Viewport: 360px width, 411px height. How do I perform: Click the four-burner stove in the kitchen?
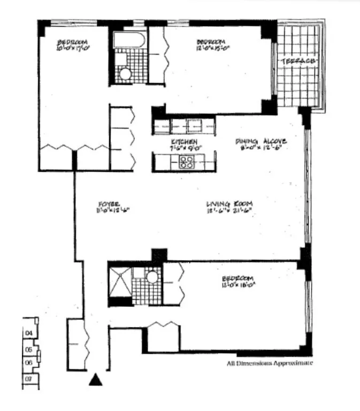point(187,162)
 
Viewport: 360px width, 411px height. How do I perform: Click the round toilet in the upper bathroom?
point(126,74)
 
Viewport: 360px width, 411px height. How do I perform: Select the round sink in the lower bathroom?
point(152,277)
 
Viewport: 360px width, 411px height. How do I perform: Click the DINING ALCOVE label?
point(261,141)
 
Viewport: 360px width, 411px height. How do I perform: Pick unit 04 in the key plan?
point(28,333)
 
